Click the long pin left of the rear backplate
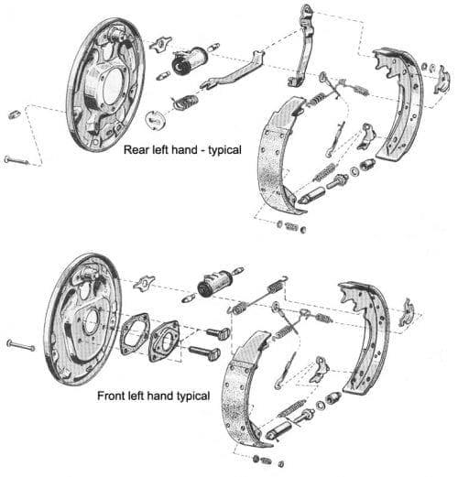pos(17,160)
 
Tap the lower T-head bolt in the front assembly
pos(203,351)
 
